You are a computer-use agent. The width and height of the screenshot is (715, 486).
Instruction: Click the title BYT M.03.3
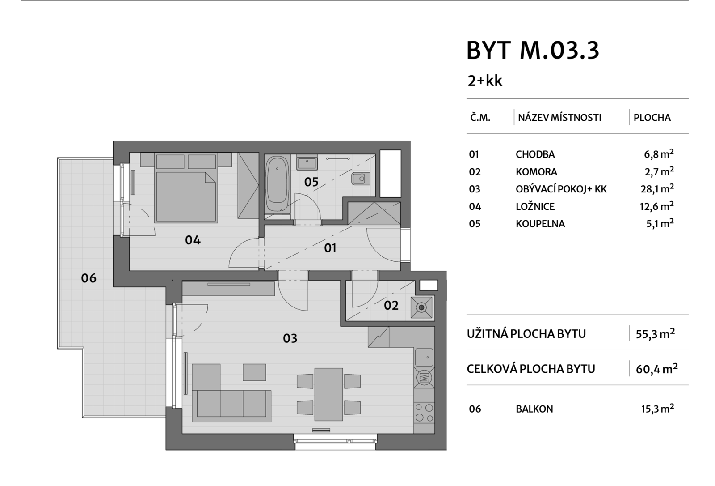[532, 50]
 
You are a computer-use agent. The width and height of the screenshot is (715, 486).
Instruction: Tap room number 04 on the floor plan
[193, 240]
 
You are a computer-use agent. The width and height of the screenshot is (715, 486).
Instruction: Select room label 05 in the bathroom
[311, 182]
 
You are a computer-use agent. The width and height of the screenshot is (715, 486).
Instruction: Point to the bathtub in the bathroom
[277, 184]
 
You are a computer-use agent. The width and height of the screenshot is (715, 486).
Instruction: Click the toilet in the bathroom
[359, 179]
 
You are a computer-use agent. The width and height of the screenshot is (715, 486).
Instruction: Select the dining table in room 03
[328, 394]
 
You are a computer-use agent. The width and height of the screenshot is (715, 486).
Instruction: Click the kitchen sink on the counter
[424, 357]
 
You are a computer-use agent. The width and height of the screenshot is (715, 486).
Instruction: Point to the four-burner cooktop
[424, 412]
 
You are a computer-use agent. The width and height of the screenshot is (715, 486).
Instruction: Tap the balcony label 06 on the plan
[88, 278]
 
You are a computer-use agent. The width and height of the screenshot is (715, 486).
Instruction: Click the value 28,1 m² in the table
[656, 189]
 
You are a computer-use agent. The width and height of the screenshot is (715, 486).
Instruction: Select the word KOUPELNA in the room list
[540, 224]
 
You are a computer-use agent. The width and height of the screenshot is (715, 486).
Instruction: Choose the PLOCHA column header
[652, 118]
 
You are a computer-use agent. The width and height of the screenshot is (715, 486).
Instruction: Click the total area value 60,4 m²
[656, 369]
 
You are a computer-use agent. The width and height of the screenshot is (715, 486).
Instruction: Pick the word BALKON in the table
[534, 409]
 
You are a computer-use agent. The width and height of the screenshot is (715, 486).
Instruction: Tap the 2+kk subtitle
[485, 81]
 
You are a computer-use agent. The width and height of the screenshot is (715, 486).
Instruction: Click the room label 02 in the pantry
[391, 306]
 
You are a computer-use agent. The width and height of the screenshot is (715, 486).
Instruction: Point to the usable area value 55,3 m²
[655, 334]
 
